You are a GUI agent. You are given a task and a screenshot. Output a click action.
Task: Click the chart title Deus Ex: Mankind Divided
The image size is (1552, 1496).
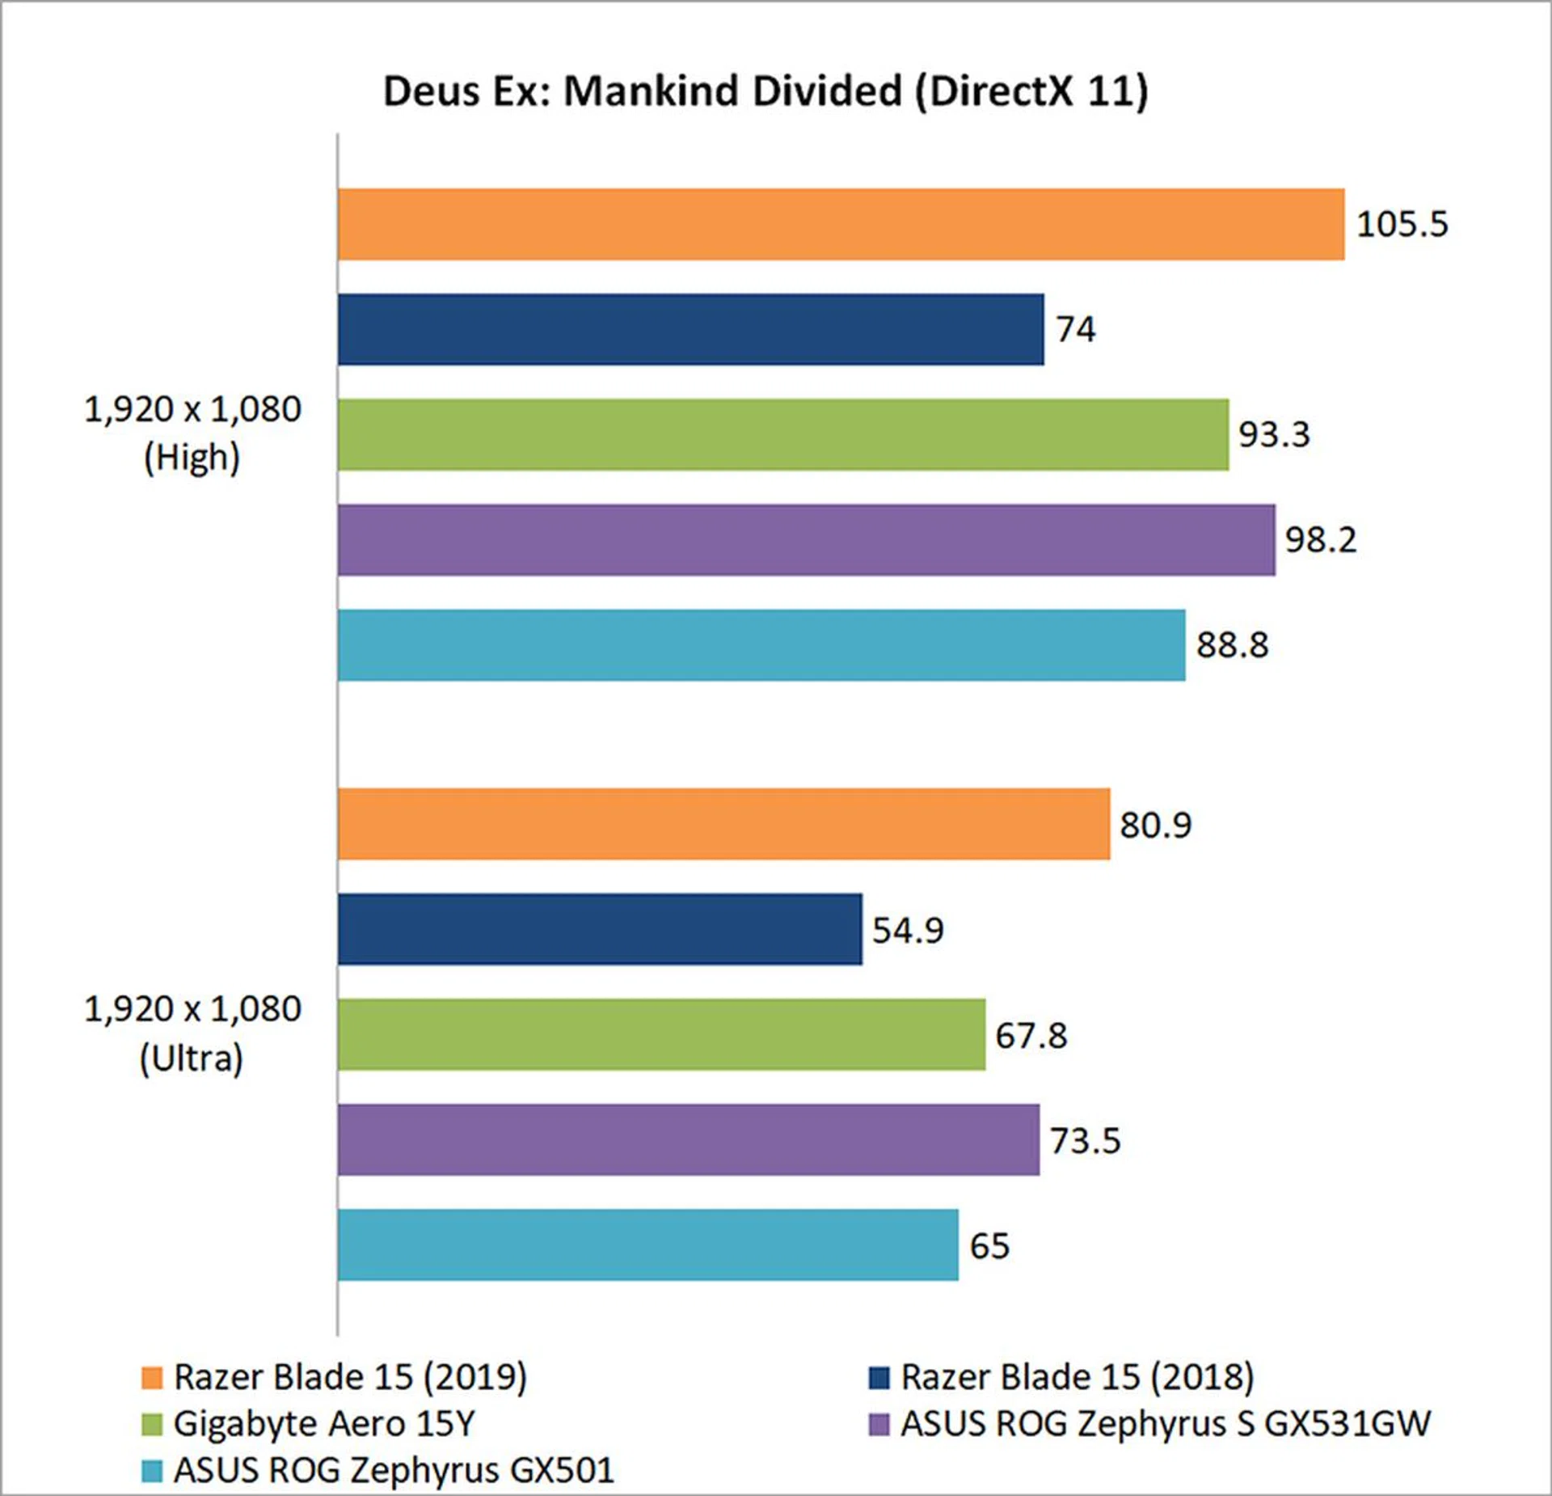point(765,91)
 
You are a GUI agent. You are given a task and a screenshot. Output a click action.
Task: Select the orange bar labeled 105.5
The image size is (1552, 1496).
point(841,224)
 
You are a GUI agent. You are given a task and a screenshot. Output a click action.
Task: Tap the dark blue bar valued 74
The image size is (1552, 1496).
point(690,329)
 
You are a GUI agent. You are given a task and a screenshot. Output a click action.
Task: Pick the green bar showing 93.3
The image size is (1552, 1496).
point(782,434)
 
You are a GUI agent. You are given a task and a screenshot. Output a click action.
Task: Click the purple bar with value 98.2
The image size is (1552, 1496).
point(806,539)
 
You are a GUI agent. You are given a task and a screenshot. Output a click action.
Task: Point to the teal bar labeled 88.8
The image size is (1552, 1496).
point(761,644)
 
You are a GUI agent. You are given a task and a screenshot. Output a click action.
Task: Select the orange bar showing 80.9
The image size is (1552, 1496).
point(723,824)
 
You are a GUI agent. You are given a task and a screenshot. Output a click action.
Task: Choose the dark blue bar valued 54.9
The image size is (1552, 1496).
point(600,929)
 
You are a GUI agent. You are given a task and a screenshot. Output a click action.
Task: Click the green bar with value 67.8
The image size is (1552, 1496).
point(661,1034)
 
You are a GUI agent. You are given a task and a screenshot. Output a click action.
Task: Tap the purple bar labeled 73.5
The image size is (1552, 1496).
point(688,1139)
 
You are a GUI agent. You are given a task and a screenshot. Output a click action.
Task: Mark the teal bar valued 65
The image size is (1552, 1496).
point(647,1245)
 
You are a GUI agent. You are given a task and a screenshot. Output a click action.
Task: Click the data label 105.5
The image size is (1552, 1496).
point(1402,224)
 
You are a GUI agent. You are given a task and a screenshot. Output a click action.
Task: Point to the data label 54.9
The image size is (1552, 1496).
point(907,930)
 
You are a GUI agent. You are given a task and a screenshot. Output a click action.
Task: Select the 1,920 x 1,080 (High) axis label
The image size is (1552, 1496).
point(192,433)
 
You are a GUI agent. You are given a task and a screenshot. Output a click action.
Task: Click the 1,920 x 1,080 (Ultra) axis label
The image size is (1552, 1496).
point(192,1033)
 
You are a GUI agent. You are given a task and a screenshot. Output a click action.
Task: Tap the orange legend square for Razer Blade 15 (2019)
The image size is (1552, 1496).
point(152,1378)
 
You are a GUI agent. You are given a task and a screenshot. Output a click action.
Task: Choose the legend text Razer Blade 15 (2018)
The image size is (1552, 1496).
point(1077,1377)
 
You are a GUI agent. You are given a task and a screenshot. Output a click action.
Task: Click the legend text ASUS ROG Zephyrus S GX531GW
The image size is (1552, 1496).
point(1165,1423)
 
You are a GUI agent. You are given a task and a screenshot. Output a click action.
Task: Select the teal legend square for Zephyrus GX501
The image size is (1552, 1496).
point(152,1471)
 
